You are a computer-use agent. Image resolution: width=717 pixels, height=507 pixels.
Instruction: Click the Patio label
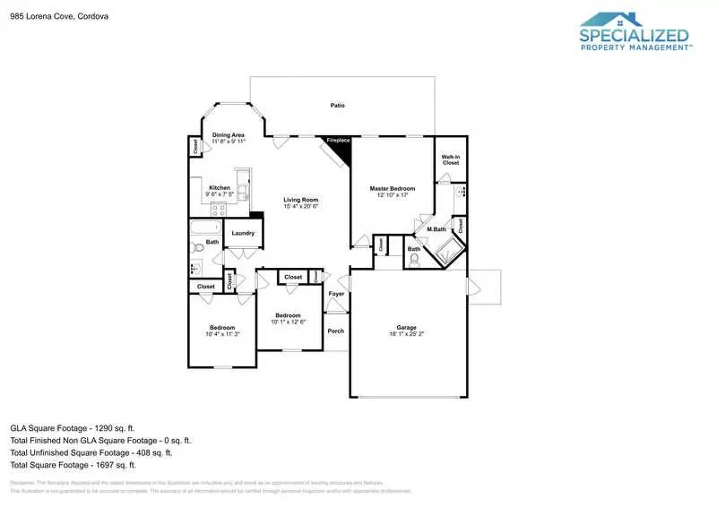pyautogui.click(x=337, y=107)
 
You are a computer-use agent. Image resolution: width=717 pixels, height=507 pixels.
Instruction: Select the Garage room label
pyautogui.click(x=407, y=327)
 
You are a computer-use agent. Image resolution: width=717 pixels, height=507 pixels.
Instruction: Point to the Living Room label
pyautogui.click(x=301, y=200)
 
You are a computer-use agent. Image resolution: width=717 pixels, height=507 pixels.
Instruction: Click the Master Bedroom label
pyautogui.click(x=393, y=188)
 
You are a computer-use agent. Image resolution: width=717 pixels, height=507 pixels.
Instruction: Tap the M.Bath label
pyautogui.click(x=436, y=230)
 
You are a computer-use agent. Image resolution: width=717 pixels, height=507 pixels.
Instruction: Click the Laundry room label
pyautogui.click(x=243, y=234)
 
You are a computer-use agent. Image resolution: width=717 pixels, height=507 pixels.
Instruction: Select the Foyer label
pyautogui.click(x=336, y=294)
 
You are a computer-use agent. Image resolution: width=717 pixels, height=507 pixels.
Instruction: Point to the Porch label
pyautogui.click(x=336, y=331)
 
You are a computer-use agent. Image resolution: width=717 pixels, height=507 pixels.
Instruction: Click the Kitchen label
pyautogui.click(x=220, y=187)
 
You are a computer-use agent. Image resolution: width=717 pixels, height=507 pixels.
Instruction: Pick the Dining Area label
pyautogui.click(x=229, y=135)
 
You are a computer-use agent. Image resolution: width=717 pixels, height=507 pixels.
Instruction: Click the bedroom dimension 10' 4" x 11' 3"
pyautogui.click(x=221, y=335)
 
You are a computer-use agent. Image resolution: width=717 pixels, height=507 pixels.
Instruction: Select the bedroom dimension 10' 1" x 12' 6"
pyautogui.click(x=288, y=322)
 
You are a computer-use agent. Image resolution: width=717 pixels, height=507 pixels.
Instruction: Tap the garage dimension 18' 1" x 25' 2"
pyautogui.click(x=407, y=334)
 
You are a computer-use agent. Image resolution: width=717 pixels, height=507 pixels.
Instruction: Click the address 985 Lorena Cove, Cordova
pyautogui.click(x=54, y=15)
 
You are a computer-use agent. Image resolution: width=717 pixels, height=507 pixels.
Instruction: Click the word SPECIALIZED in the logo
pyautogui.click(x=635, y=37)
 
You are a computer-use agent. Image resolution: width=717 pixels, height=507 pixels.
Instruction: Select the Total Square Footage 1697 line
pyautogui.click(x=73, y=465)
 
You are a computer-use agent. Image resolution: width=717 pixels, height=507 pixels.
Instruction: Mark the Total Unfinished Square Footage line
pyautogui.click(x=99, y=452)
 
